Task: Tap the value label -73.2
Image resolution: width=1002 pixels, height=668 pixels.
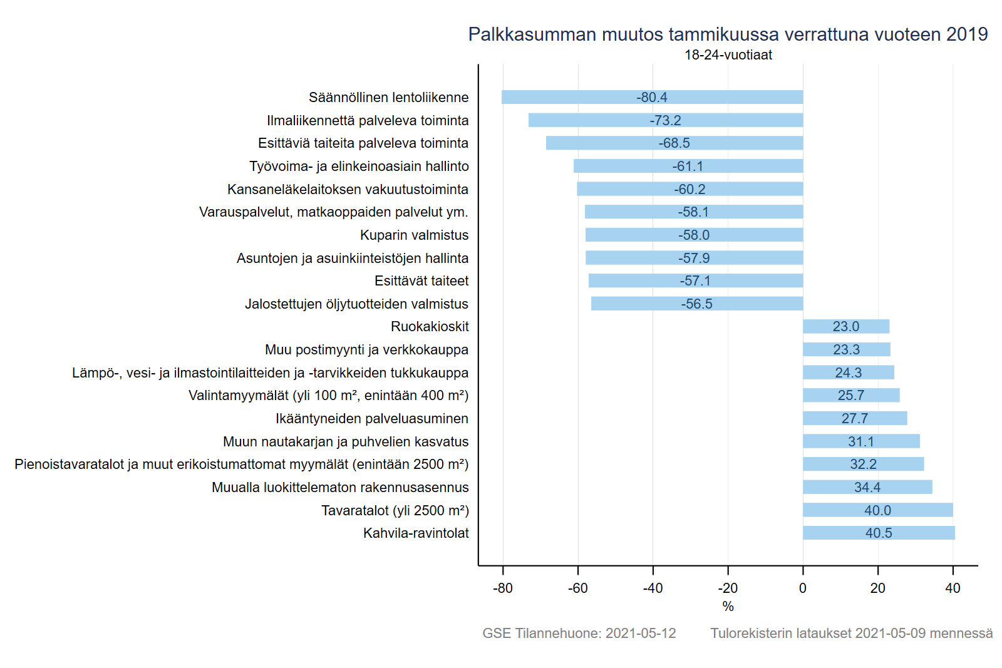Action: coord(665,120)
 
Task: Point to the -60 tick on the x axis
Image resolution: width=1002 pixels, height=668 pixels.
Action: coord(577,588)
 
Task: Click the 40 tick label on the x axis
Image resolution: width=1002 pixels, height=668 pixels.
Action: coord(953,588)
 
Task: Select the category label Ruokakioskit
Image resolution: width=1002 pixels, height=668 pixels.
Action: coord(430,327)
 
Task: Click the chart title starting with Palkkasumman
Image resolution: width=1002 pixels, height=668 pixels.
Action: coord(728,34)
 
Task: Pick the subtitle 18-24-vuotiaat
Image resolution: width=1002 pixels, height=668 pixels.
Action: coord(728,55)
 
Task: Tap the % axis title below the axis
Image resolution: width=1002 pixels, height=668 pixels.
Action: coord(728,606)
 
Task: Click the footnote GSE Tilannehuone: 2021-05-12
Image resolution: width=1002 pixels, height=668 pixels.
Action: coord(579,633)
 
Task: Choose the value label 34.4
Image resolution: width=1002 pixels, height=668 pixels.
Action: coord(867,487)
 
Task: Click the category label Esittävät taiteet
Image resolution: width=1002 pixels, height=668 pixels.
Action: coord(421,281)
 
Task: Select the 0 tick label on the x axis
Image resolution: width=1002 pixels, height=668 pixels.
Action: coord(803,588)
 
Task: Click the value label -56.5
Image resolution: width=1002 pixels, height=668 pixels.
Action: coord(696,304)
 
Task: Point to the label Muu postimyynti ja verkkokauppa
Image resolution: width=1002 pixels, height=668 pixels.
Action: coord(366,349)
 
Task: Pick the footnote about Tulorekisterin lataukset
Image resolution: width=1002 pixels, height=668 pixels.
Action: coord(851,633)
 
